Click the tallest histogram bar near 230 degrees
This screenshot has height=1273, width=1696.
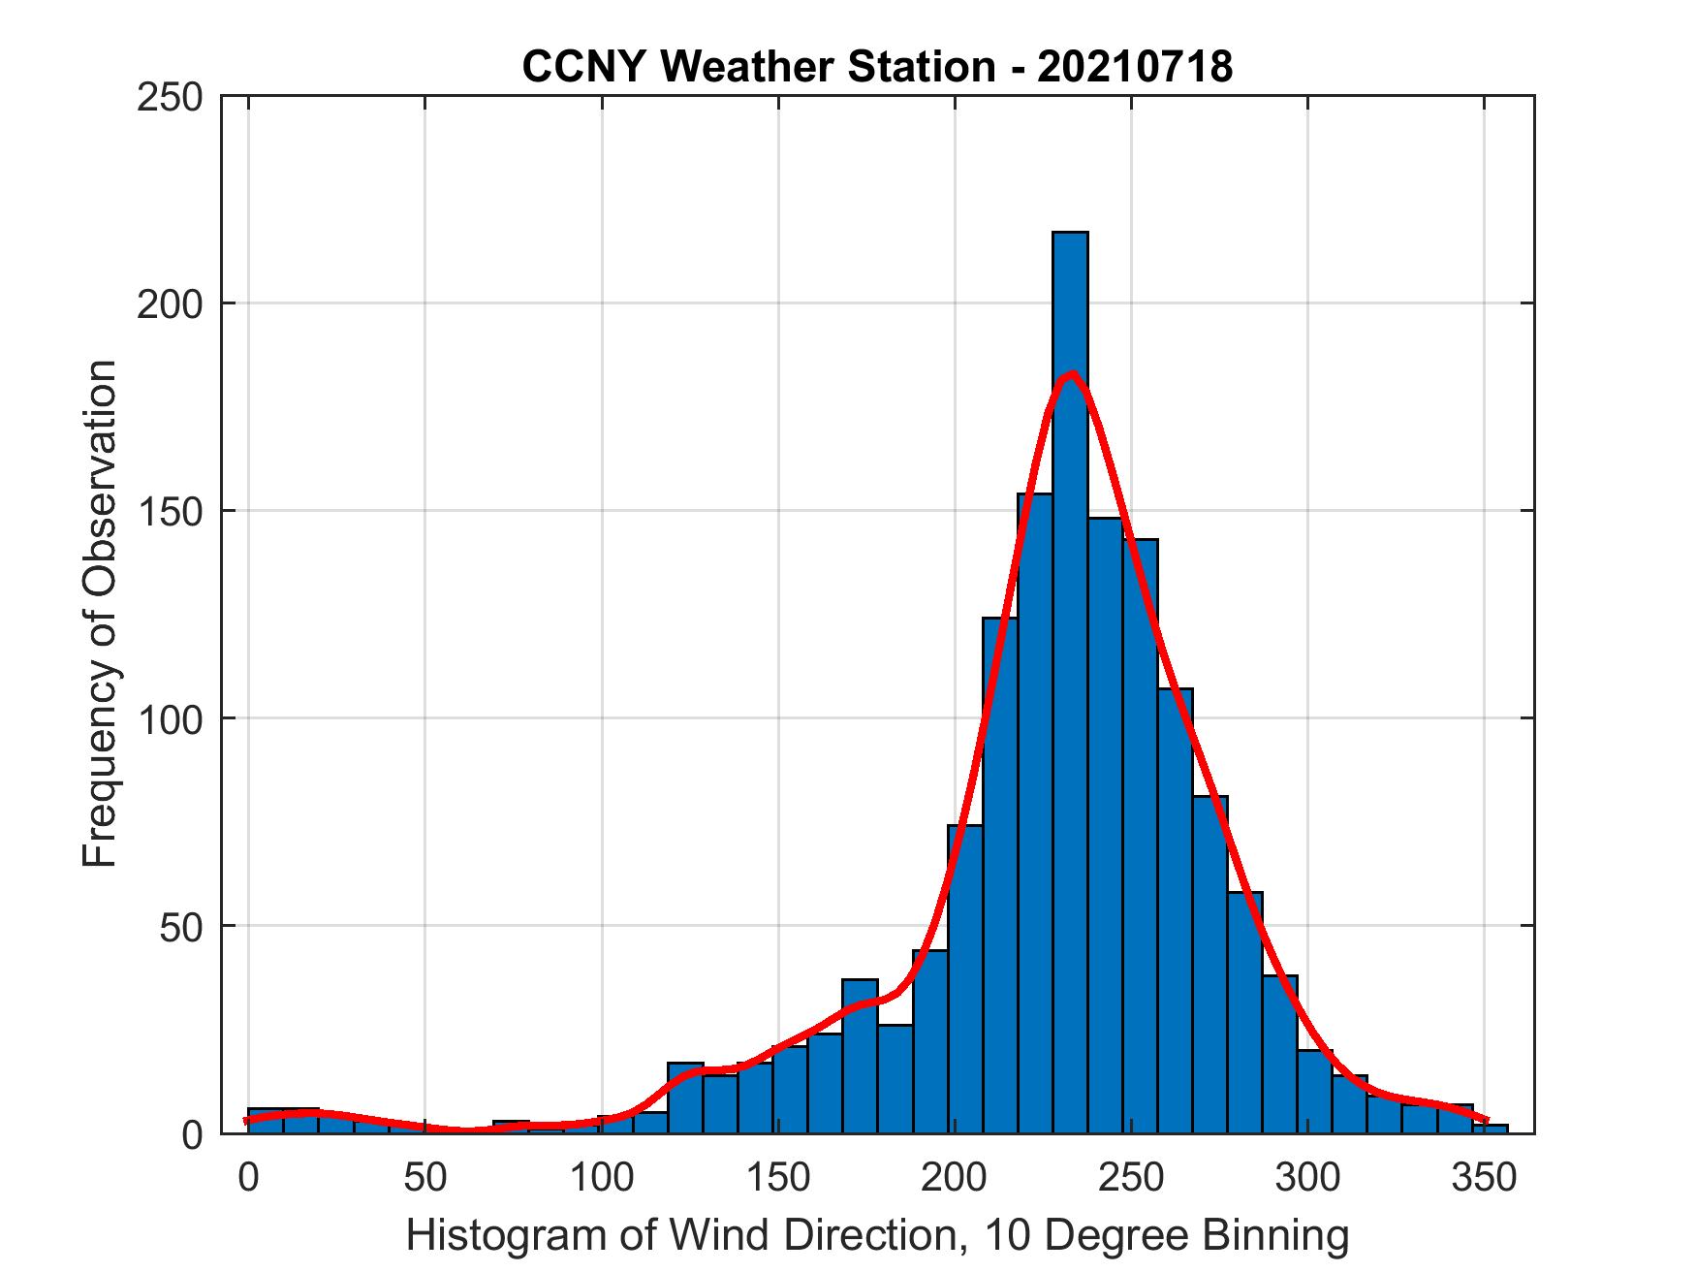[1070, 679]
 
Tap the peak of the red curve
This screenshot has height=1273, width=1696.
[1071, 374]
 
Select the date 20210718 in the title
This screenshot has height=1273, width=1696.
[1135, 67]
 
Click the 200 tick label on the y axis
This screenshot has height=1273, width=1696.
[170, 304]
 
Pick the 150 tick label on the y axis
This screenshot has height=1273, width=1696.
[170, 512]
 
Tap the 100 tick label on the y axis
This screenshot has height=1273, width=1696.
[170, 719]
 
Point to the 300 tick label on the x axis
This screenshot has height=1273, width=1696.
[1307, 1179]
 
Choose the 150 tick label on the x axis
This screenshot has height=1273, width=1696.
[778, 1179]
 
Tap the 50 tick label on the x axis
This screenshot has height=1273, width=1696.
[424, 1179]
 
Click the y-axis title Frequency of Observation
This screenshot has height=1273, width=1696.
[100, 615]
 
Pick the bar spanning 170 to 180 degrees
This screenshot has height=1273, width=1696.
[859, 1057]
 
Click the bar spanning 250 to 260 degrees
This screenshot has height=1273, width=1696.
[1141, 834]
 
